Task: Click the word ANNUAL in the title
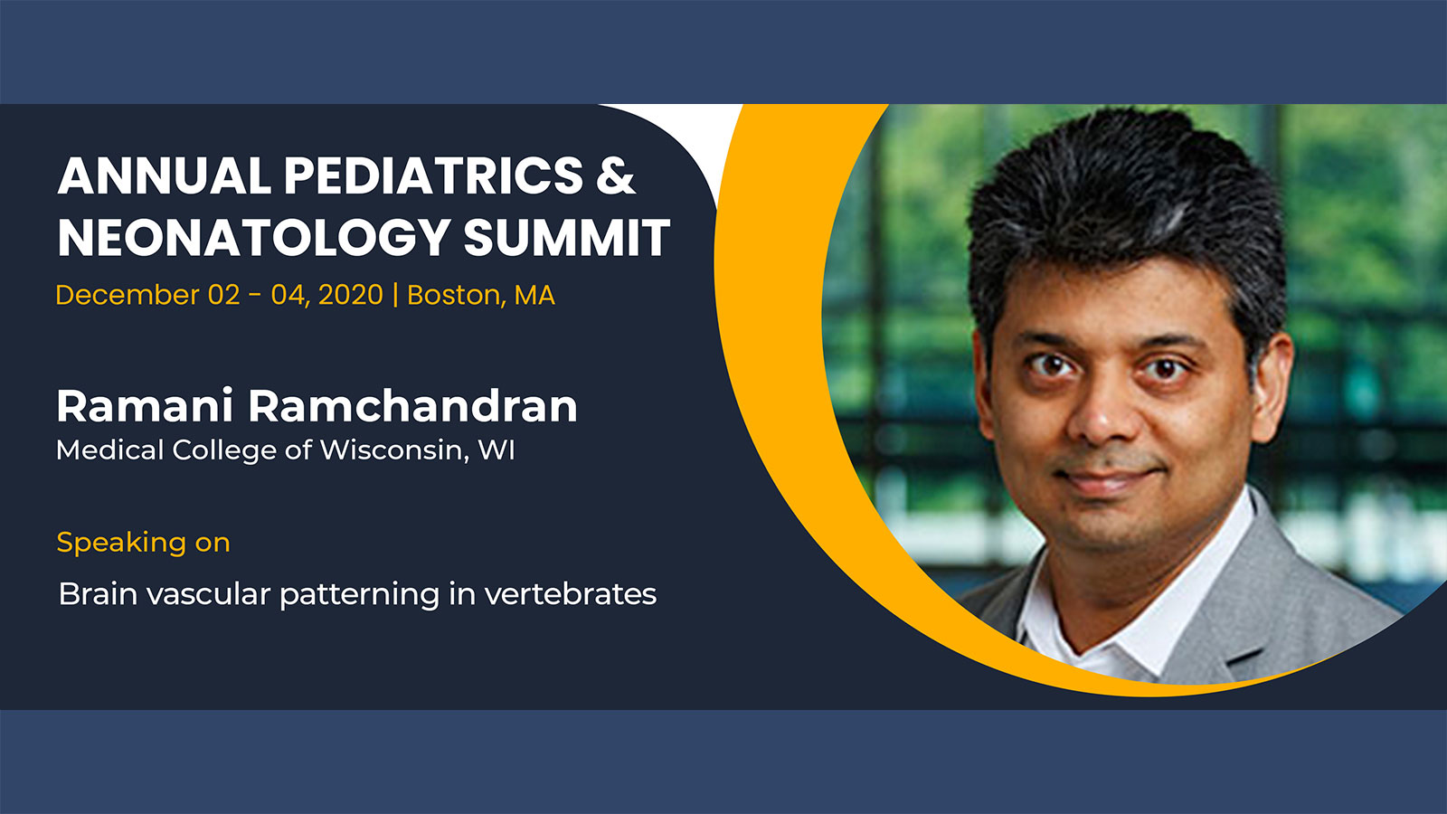coord(164,175)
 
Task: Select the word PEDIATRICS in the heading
coord(433,175)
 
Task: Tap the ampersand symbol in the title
coord(616,175)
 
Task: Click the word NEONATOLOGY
coord(254,238)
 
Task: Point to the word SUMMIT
coord(566,238)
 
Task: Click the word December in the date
coord(128,295)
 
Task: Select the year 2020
coord(351,295)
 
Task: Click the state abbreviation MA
coord(534,295)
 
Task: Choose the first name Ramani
coord(145,406)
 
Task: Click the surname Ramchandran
coord(412,406)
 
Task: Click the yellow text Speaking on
coord(144,543)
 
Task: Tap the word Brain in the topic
coord(99,593)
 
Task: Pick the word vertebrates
coord(571,593)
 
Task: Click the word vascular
coord(209,593)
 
